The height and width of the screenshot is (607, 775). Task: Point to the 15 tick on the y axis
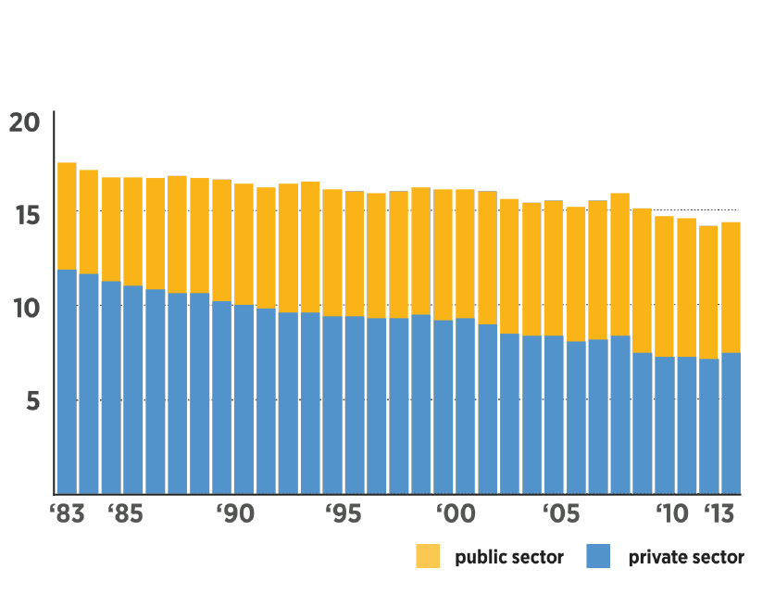coord(26,214)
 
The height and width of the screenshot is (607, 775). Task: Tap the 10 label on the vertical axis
coord(26,307)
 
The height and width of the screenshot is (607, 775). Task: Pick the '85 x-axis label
coord(124,514)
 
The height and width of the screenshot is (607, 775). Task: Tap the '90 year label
coord(235,514)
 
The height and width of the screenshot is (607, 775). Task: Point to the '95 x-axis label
coord(345,514)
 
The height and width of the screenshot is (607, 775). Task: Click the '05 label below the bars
coord(565,514)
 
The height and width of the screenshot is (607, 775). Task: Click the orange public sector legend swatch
coord(428,557)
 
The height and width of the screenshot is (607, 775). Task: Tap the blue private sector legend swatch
coord(598,557)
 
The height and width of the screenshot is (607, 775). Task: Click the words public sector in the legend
coord(508,558)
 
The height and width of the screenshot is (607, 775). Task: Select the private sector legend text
coord(686,558)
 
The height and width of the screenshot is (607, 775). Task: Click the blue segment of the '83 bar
coord(67,381)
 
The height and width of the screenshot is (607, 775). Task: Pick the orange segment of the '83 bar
coord(67,216)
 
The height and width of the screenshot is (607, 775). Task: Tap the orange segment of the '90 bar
coord(222,240)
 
